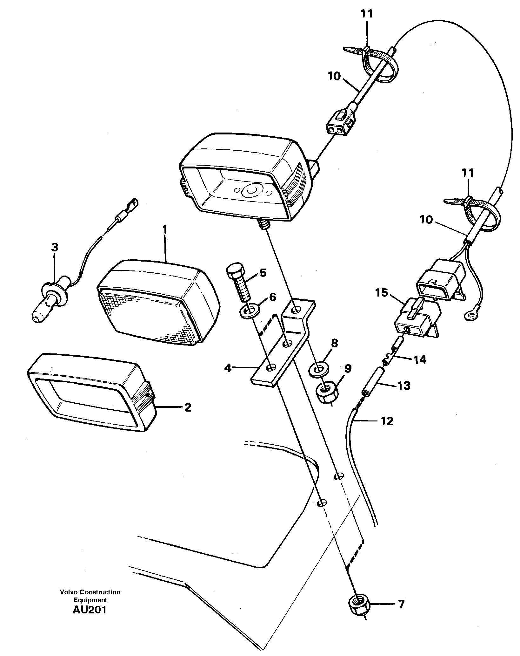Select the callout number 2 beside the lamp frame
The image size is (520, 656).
(188, 407)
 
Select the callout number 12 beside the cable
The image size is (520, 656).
(387, 421)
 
